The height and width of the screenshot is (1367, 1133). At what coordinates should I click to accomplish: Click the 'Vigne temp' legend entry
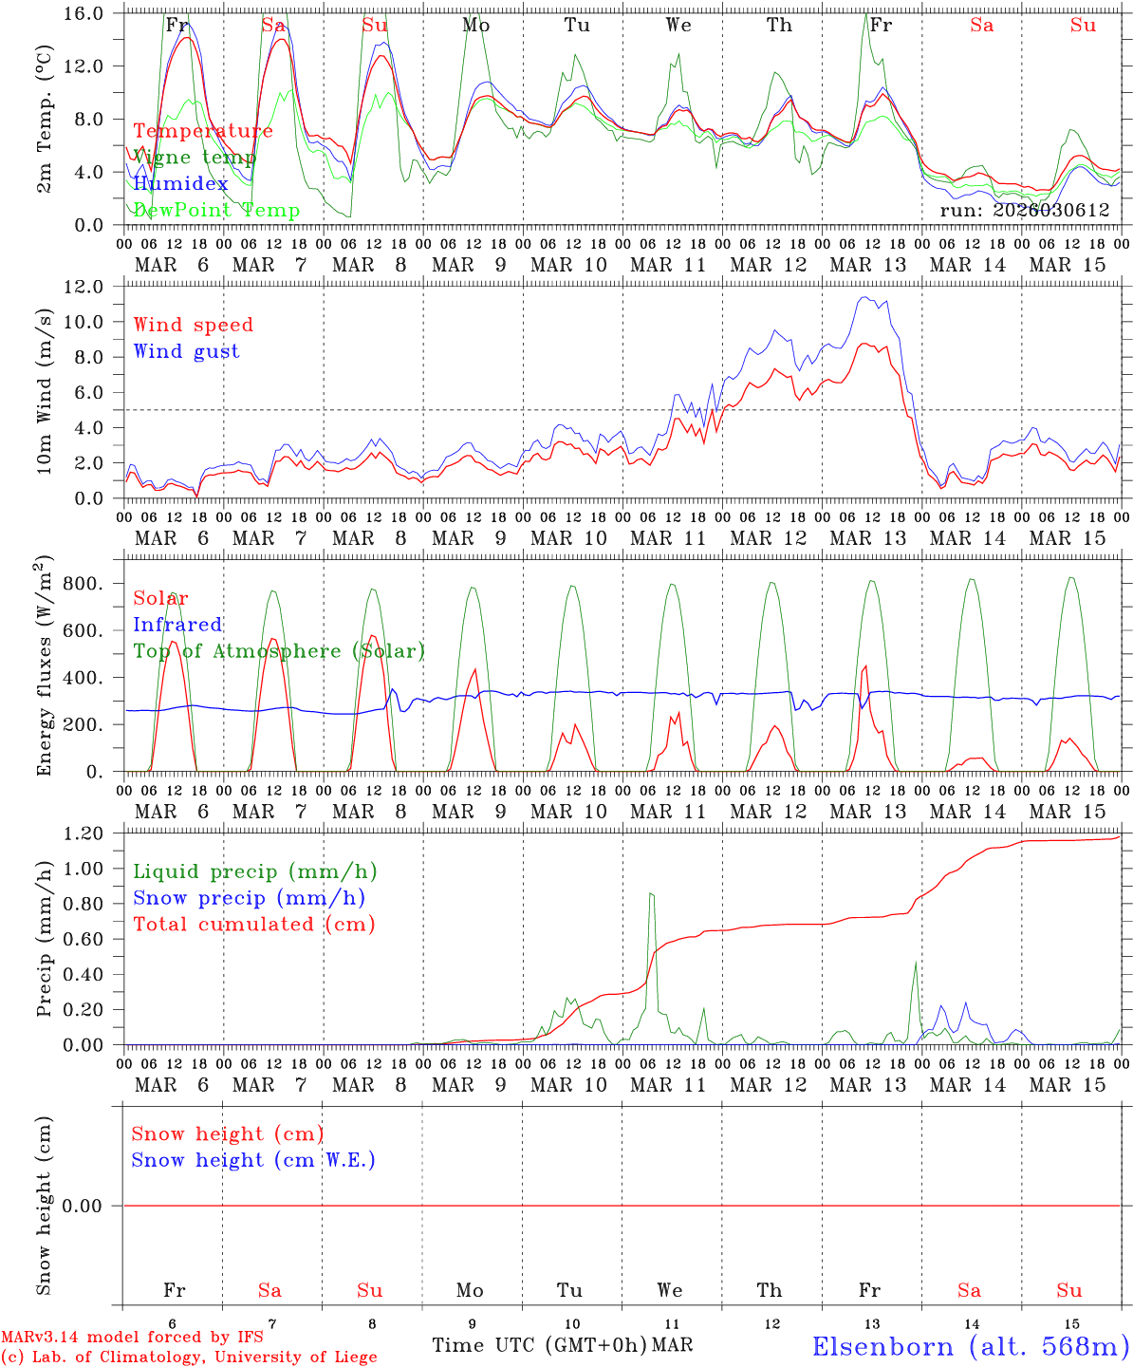pyautogui.click(x=195, y=158)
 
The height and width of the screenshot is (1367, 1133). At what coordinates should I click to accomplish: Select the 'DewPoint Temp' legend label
pyautogui.click(x=216, y=211)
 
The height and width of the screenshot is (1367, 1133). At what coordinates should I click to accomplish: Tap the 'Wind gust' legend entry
pyautogui.click(x=187, y=351)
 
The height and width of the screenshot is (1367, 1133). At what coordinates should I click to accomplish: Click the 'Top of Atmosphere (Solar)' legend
pyautogui.click(x=279, y=651)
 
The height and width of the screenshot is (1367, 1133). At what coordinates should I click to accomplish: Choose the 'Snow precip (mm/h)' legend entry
pyautogui.click(x=250, y=898)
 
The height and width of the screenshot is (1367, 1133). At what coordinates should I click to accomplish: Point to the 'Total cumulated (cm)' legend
pyautogui.click(x=254, y=925)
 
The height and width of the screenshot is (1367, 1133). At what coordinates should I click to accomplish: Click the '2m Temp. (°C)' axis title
pyautogui.click(x=44, y=120)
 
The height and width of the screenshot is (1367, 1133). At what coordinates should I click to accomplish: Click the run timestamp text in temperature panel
pyautogui.click(x=1025, y=211)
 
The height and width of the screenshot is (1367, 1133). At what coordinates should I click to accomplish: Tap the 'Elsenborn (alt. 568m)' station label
pyautogui.click(x=970, y=1346)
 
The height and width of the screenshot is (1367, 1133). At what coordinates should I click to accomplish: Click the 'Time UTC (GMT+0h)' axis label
pyautogui.click(x=540, y=1345)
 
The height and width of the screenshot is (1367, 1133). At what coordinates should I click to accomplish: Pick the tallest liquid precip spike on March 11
pyautogui.click(x=651, y=893)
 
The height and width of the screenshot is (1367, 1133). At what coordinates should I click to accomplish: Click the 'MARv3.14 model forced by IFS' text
pyautogui.click(x=132, y=1338)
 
